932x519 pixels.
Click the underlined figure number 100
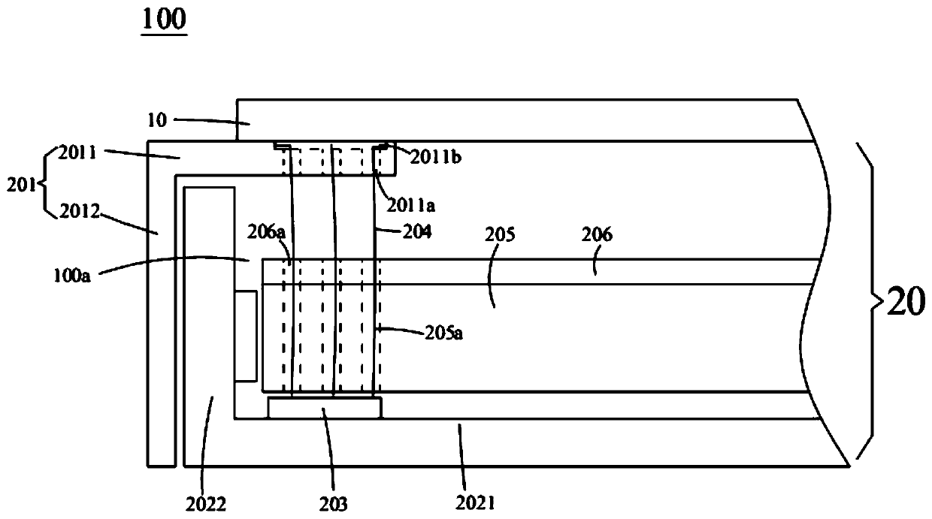pyautogui.click(x=164, y=20)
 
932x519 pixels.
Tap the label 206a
pyautogui.click(x=271, y=234)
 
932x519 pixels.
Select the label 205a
pyautogui.click(x=446, y=332)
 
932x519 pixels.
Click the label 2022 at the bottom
pyautogui.click(x=206, y=503)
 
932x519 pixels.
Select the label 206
pyautogui.click(x=598, y=235)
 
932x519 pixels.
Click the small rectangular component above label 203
pyautogui.click(x=325, y=408)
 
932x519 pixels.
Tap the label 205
pyautogui.click(x=499, y=235)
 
